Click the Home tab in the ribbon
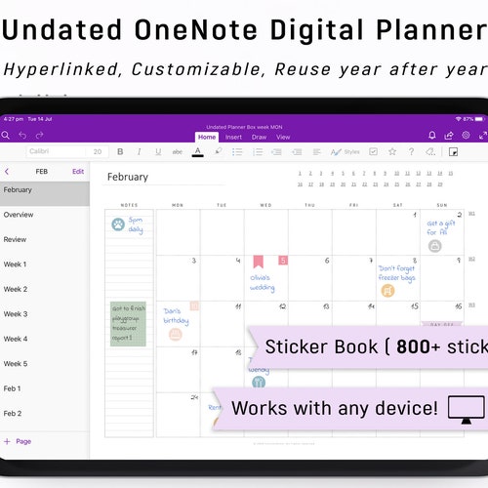click(x=206, y=137)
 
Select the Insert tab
click(x=234, y=137)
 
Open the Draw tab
click(x=260, y=137)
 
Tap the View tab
click(x=283, y=137)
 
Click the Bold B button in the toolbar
click(x=120, y=152)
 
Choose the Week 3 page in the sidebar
click(x=16, y=314)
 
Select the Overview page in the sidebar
click(x=19, y=215)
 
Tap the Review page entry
click(x=16, y=239)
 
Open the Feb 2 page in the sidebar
click(x=13, y=414)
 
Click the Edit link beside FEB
click(x=78, y=172)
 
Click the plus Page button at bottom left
click(x=18, y=441)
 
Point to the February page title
click(x=128, y=178)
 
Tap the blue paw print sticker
click(x=118, y=224)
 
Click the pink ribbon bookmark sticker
click(x=259, y=261)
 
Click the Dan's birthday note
click(x=177, y=316)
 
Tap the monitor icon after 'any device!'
click(x=466, y=408)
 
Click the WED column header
click(x=265, y=206)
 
